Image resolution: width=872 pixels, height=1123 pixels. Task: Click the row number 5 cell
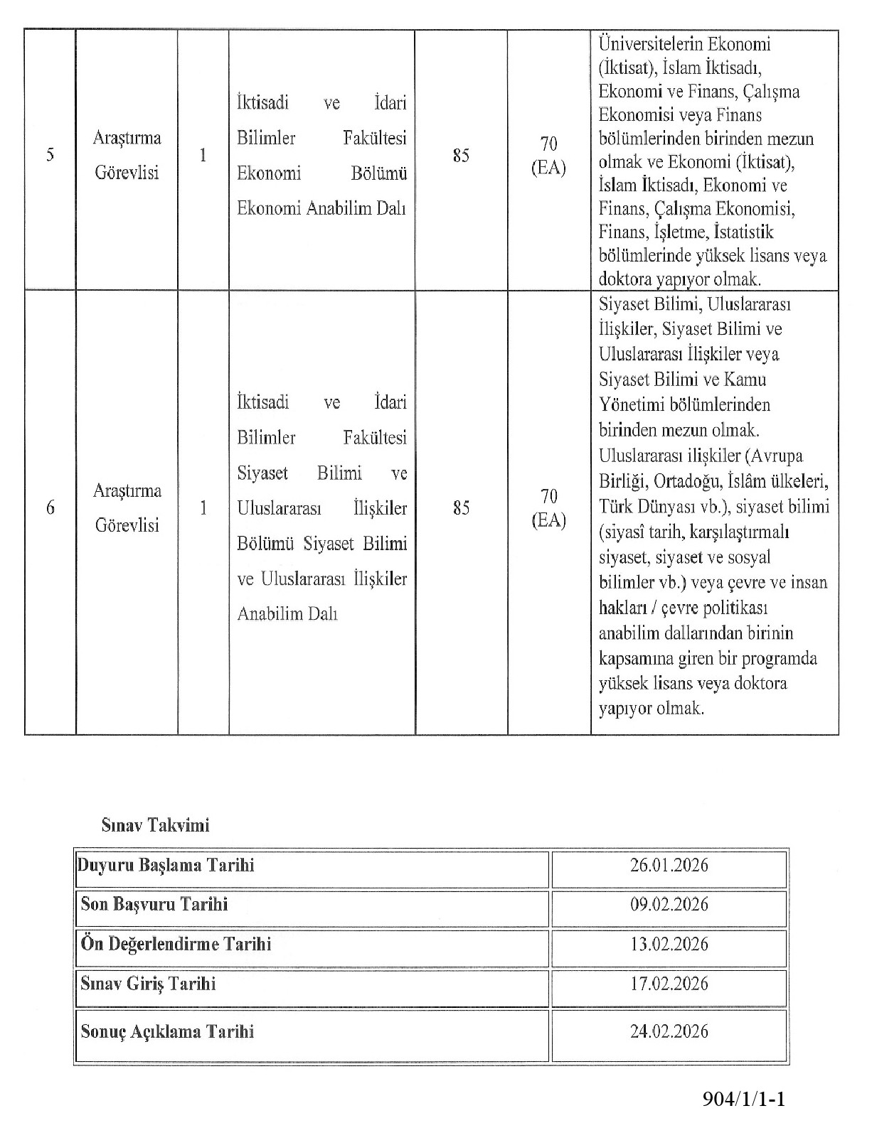click(x=50, y=155)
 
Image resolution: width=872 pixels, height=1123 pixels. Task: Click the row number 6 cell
click(x=50, y=507)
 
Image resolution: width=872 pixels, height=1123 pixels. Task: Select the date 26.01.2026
click(x=669, y=865)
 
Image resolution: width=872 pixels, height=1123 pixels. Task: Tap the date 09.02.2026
click(x=669, y=904)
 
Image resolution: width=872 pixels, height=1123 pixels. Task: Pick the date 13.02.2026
click(x=669, y=944)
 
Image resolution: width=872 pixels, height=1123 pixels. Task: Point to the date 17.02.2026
click(x=669, y=984)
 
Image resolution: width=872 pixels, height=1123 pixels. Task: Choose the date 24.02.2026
click(x=669, y=1031)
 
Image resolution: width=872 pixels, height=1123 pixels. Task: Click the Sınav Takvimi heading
click(x=155, y=825)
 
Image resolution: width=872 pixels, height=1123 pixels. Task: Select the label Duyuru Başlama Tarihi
click(x=166, y=865)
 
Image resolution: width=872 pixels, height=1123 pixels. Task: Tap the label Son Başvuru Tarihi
click(x=154, y=904)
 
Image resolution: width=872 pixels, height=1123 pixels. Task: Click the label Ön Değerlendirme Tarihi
click(x=176, y=944)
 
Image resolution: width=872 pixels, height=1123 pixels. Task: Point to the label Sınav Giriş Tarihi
click(x=148, y=984)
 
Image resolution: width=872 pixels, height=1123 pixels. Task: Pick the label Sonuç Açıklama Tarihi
click(x=167, y=1031)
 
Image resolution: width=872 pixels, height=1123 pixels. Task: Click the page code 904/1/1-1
click(x=743, y=1100)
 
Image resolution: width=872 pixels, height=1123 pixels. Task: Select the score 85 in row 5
click(x=461, y=155)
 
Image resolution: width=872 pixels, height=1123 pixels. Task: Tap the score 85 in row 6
click(x=461, y=507)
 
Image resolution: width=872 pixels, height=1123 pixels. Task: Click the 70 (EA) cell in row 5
click(x=548, y=156)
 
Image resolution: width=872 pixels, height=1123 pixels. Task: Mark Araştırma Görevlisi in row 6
click(x=127, y=507)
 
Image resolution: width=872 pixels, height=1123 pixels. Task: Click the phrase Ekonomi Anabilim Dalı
click(x=321, y=208)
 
